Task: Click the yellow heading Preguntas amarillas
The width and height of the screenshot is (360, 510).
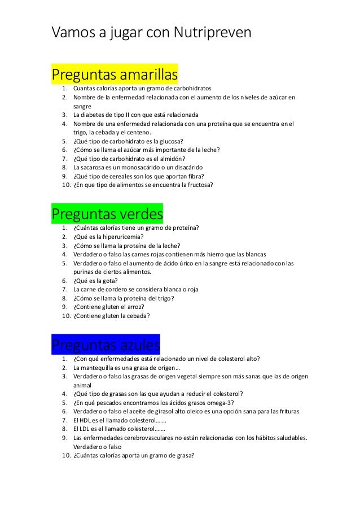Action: pyautogui.click(x=115, y=75)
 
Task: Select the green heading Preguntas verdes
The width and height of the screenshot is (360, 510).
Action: pyautogui.click(x=107, y=215)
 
